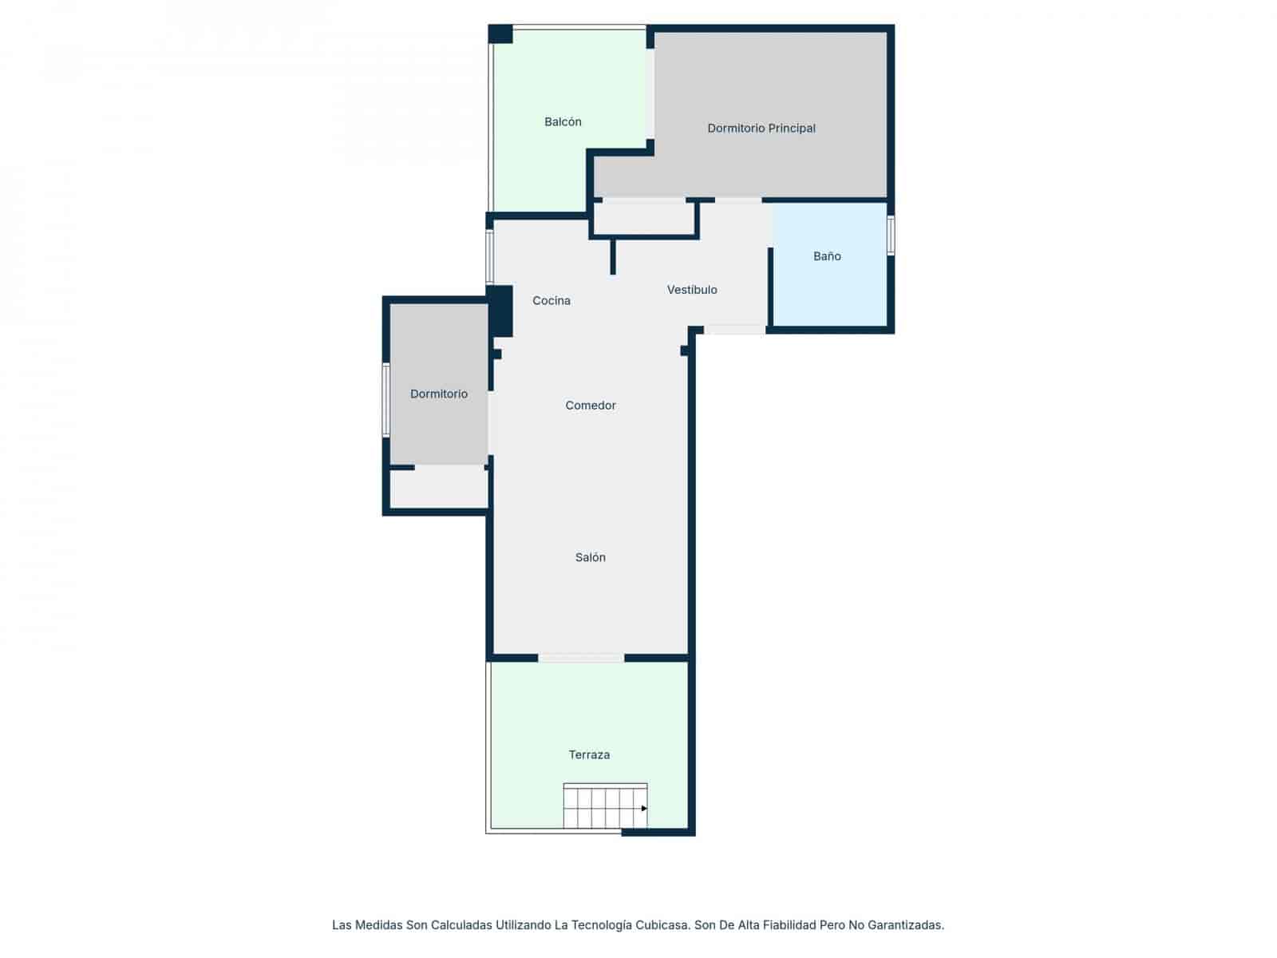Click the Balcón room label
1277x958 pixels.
pos(563,122)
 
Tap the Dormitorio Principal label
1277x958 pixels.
pos(761,129)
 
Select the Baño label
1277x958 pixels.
pos(827,256)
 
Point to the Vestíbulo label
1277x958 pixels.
pos(692,290)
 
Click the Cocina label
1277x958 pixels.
pos(552,301)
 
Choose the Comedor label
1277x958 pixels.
pos(591,406)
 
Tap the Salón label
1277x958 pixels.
pos(591,557)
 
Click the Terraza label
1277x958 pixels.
pos(589,754)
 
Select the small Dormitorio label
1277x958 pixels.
pos(439,394)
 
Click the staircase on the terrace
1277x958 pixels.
pos(604,806)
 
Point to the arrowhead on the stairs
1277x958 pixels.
pos(644,808)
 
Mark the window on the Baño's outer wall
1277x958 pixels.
pos(891,235)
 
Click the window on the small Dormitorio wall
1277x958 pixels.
pos(386,400)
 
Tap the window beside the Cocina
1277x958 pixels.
pos(489,257)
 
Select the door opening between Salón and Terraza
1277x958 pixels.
pos(581,658)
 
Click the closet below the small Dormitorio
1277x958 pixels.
pos(439,488)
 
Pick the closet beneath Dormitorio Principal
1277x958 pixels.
pos(643,218)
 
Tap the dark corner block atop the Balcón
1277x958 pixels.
pos(500,34)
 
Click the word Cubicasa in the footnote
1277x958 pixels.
pos(662,925)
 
